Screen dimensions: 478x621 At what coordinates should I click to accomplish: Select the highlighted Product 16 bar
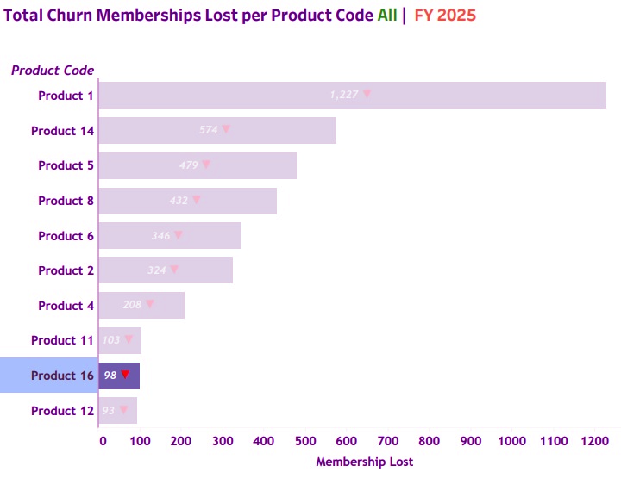coord(119,376)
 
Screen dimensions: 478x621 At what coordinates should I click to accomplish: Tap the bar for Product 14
coord(216,131)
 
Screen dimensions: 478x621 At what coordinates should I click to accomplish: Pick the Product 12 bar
coord(117,411)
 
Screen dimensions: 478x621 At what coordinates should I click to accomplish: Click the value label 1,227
coord(343,95)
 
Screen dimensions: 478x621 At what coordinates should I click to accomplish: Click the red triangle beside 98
coord(125,375)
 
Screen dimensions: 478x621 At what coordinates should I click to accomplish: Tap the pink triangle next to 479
coord(206,165)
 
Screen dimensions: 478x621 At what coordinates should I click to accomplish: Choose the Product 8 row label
coord(66,201)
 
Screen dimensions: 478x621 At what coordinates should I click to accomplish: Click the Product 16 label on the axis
coord(62,376)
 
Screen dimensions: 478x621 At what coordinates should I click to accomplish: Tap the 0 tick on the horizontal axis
coord(103,441)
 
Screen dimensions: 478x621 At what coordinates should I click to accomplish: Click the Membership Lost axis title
coord(364,462)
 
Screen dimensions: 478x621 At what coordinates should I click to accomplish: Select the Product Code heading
coord(53,71)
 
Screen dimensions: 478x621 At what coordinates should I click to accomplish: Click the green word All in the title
coord(387,16)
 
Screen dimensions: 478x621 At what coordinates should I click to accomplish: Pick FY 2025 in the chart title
coord(445,16)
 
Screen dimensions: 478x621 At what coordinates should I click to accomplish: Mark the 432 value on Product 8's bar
coord(179,201)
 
